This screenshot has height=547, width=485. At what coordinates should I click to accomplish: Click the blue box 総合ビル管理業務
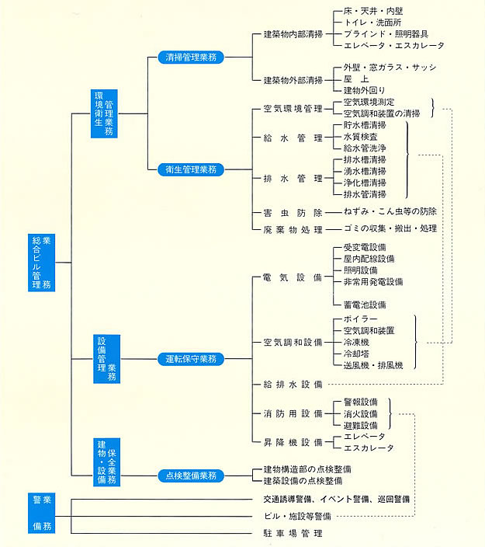41,263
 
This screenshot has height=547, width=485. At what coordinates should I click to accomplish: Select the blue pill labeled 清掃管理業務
191,57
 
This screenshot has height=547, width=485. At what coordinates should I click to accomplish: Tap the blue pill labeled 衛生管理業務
191,169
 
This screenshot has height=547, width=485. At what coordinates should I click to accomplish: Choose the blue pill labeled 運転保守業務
191,359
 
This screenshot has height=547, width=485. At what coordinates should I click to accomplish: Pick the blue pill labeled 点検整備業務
191,476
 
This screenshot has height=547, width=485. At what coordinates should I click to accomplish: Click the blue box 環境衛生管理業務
104,113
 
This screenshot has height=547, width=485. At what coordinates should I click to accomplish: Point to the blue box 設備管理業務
106,359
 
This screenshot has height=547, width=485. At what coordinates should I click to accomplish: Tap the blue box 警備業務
41,513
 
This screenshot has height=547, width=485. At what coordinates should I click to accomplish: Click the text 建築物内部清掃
293,34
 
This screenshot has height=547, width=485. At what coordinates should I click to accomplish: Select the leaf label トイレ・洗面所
372,23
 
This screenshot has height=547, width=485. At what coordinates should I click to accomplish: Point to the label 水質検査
361,137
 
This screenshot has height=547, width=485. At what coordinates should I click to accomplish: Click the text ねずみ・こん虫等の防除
390,211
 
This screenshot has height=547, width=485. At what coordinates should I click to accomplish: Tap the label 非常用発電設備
373,282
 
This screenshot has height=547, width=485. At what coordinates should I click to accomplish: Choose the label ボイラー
361,319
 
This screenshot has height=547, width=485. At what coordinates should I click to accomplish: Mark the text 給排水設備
293,385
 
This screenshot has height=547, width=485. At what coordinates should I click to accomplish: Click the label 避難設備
361,426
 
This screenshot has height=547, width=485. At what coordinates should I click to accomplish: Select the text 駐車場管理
293,533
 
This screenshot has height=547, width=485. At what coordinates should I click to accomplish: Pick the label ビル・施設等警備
297,516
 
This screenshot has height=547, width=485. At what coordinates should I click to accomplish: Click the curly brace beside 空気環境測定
433,108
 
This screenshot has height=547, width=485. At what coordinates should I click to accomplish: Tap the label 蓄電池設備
365,305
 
